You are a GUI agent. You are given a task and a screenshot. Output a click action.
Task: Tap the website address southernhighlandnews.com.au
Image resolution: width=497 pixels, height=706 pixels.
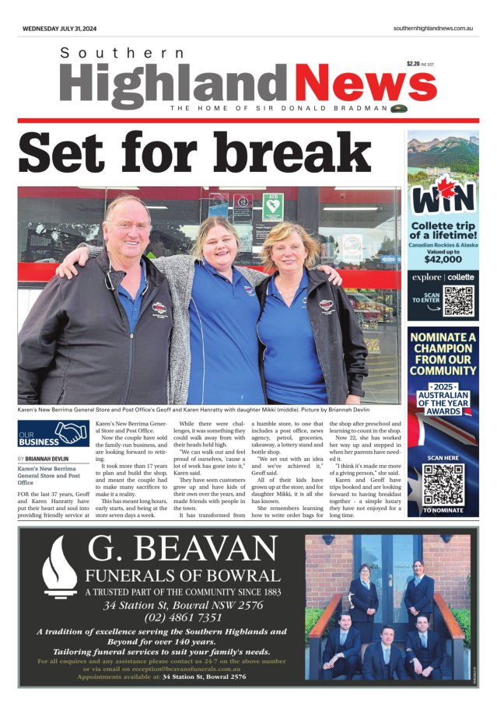tap(434, 28)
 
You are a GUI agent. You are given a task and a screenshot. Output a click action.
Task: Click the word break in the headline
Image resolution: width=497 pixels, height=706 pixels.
tap(300, 153)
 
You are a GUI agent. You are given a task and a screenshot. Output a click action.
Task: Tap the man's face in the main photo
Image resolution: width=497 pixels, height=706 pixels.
tap(126, 226)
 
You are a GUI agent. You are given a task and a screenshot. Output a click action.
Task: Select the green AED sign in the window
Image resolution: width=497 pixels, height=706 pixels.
tap(273, 208)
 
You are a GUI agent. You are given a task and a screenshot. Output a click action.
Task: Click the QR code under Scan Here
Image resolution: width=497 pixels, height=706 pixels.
tap(443, 484)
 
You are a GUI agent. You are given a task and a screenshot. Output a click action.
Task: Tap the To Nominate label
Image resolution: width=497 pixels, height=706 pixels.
tap(443, 510)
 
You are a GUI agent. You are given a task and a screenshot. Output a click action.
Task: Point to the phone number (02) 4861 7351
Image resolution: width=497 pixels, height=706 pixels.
tap(183, 617)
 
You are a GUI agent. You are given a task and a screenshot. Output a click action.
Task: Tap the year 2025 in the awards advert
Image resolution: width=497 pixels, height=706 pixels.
tap(443, 386)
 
